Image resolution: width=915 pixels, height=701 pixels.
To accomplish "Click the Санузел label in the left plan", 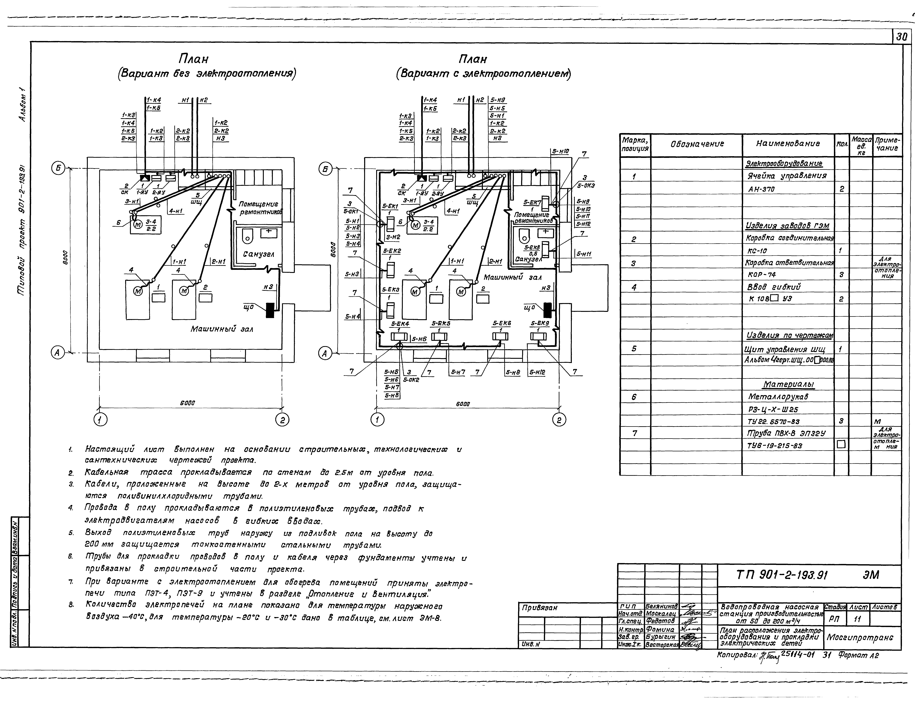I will [259, 254].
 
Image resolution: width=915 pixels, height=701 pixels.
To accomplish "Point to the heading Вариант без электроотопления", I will [207, 74].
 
